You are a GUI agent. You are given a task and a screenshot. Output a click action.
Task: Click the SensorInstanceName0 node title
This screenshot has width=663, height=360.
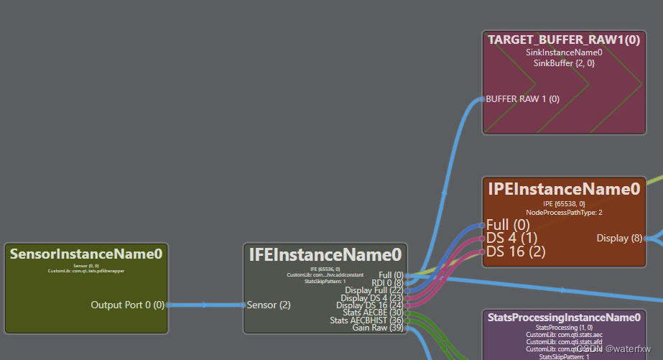tap(85, 254)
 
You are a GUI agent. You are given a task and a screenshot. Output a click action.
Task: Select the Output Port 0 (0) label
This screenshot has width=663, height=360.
tap(127, 305)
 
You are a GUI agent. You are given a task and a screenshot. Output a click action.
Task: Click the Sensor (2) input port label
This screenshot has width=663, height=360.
tap(269, 305)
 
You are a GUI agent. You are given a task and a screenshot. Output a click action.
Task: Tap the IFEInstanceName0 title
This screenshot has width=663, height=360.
tap(325, 254)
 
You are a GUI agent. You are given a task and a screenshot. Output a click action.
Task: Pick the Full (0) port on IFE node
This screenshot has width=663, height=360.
tap(390, 275)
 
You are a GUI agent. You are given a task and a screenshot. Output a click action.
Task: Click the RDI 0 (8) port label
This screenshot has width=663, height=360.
tap(387, 283)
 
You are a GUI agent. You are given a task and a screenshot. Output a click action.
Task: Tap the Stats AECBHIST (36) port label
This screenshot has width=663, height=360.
tap(366, 320)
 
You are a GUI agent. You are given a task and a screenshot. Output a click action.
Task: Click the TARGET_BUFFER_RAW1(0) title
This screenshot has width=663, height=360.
tap(564, 40)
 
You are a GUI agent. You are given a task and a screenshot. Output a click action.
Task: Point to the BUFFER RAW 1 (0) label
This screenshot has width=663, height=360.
tap(522, 99)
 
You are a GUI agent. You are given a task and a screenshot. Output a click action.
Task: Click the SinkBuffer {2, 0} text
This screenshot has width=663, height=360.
tap(564, 63)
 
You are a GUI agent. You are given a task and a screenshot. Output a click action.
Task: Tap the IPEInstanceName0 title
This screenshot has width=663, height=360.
tap(564, 189)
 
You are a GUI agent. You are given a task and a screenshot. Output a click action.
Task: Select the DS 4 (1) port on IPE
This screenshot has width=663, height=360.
tap(511, 238)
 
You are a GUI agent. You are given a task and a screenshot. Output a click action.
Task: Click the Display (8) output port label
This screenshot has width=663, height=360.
tap(619, 238)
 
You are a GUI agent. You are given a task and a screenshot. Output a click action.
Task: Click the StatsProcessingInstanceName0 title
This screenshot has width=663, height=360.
tap(564, 317)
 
